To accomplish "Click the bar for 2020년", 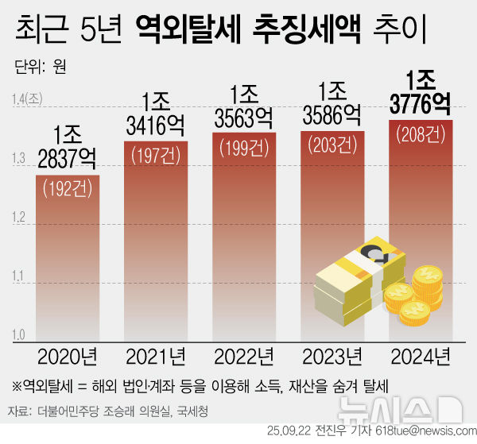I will coord(68,254).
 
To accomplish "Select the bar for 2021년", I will coord(156,238).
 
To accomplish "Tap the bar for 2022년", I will coord(244,234).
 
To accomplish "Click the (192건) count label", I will coord(68,189).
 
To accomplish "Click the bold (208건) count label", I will coord(421,133).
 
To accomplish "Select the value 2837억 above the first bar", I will coord(68,158).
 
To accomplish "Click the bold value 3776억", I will coord(421,104).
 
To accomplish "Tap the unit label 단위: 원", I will coord(40,66).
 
